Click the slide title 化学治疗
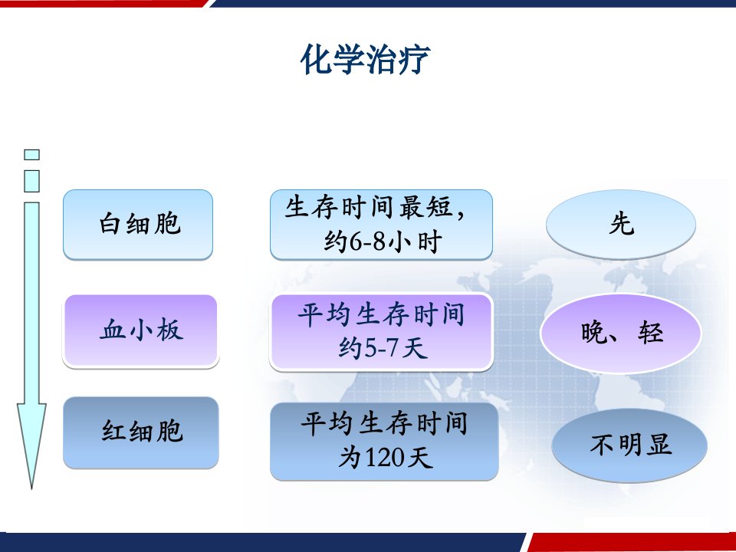tap(365, 60)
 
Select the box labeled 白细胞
tap(138, 225)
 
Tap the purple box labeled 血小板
tap(140, 331)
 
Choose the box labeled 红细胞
tap(141, 432)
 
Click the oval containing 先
tap(620, 225)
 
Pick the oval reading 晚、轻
tap(620, 333)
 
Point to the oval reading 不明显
tap(629, 445)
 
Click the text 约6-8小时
tap(383, 242)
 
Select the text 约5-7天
tap(383, 349)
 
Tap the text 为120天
tap(385, 457)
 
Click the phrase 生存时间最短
tap(369, 208)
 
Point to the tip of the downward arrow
tap(31, 489)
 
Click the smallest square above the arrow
tap(31, 154)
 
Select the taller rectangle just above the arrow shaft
tap(31, 181)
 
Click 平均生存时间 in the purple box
tap(381, 314)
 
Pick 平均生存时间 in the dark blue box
tap(384, 423)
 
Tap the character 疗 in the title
tap(414, 60)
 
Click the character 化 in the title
tap(317, 60)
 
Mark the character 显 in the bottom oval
tap(659, 445)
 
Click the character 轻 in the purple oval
tap(651, 333)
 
